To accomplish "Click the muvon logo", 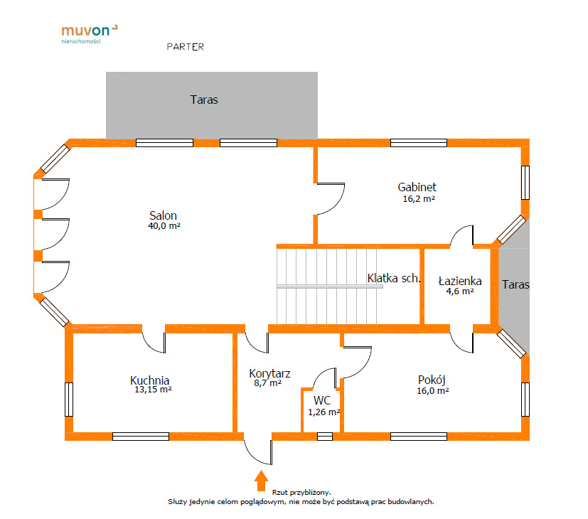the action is (x=90, y=33).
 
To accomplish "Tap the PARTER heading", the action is (x=186, y=47).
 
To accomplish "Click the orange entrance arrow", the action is (x=261, y=481).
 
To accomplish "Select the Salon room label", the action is (x=163, y=215).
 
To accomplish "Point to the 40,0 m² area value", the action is (x=164, y=226).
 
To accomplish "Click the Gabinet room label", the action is (x=417, y=187).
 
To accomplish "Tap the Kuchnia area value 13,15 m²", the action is (x=153, y=390).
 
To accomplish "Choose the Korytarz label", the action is (x=269, y=373).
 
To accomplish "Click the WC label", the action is (x=322, y=400).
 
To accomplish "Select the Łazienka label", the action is (x=460, y=281).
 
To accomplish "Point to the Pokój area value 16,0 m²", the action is (x=433, y=391).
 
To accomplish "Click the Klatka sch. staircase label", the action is (x=394, y=278).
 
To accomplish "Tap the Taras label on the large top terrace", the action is (x=204, y=100).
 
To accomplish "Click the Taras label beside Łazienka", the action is (x=515, y=284).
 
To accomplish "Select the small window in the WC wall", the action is (x=325, y=437).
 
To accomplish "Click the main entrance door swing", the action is (x=258, y=452).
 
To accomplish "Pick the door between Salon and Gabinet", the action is (x=330, y=199).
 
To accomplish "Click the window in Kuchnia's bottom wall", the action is (x=141, y=437).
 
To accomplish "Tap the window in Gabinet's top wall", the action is (x=419, y=143).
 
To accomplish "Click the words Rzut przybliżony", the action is (x=301, y=493).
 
